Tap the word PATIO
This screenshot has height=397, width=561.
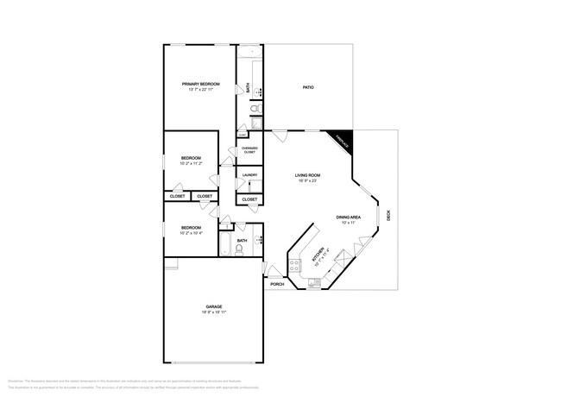pos(307,87)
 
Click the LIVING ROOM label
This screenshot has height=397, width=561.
pos(308,176)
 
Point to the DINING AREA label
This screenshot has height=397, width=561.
pos(349,217)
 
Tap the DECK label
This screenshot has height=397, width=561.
pos(388,217)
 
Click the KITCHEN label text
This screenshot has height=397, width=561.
pos(318,254)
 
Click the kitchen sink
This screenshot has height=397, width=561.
pos(338,256)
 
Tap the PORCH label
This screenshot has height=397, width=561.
pos(277,284)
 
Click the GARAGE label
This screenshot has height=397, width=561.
pos(213,306)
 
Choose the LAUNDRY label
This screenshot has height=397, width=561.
pos(249,175)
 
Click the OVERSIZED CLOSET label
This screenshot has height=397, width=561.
pos(249,150)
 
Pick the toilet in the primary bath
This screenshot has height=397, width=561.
pos(255,110)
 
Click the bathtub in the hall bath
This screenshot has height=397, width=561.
pos(224,245)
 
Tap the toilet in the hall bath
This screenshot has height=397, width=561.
pos(239,249)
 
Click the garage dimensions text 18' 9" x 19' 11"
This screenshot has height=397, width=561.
pos(213,313)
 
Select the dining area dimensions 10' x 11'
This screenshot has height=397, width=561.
pos(349,223)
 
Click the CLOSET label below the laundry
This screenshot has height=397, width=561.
pos(249,199)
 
